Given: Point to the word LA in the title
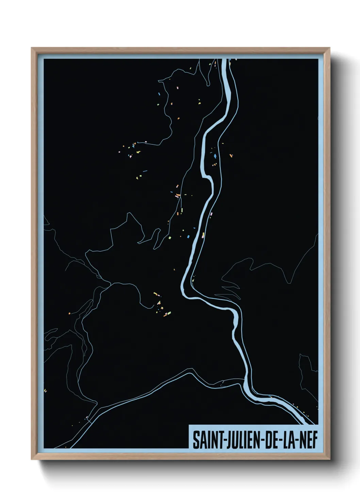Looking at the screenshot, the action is point(289,441).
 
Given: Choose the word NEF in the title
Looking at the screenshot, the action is point(309,441).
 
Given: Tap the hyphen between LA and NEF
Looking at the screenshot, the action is point(297,441).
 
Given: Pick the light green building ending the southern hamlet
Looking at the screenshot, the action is point(169,313).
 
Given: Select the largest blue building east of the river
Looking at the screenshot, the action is point(215,156).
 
